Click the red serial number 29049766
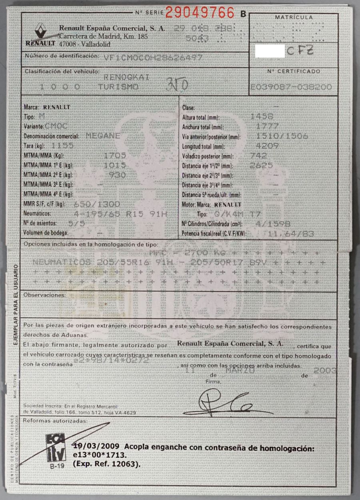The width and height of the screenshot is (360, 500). [200, 13]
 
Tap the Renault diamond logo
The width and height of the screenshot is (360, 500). [40, 30]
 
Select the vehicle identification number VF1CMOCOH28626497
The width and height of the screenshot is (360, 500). [153, 57]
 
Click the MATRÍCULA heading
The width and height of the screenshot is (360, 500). [294, 17]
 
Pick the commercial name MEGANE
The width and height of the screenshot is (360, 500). [103, 136]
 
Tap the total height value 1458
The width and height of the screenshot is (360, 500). [261, 117]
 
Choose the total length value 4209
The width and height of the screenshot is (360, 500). [267, 146]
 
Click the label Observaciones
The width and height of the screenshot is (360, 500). [44, 295]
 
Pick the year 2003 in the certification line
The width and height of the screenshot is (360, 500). [325, 371]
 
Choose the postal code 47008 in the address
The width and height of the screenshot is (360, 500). [67, 44]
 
